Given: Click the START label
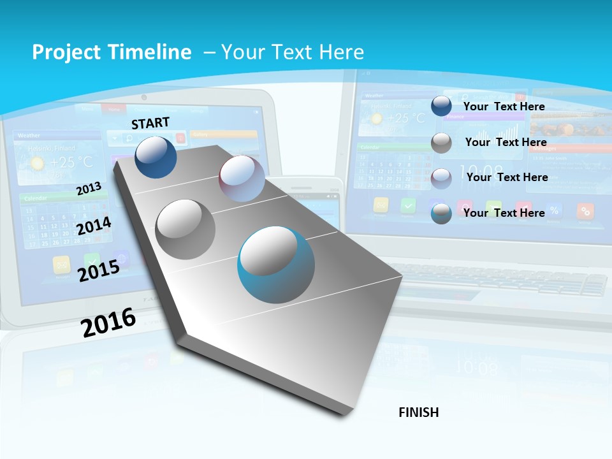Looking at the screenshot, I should point(150,123).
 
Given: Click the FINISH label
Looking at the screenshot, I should point(419,412).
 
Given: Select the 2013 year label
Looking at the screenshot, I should point(89,189).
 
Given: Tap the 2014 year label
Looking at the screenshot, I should point(94,226).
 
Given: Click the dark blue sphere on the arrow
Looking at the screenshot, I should point(156,157).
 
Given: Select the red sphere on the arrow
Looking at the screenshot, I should point(242,178).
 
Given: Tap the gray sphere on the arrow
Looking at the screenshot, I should point(185,229).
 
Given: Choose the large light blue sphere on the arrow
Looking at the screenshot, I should point(276,265).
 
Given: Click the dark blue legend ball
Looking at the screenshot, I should point(441,106).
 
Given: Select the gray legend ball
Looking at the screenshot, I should point(441,143).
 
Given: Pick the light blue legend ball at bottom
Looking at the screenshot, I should point(441,213).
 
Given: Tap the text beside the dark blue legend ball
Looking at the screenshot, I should point(504,106).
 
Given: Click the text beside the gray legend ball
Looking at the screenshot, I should point(506,142).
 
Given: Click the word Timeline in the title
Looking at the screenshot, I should point(150,52).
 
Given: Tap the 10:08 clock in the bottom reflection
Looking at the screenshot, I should point(476,368).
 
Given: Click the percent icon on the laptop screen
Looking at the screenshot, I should point(554,210).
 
